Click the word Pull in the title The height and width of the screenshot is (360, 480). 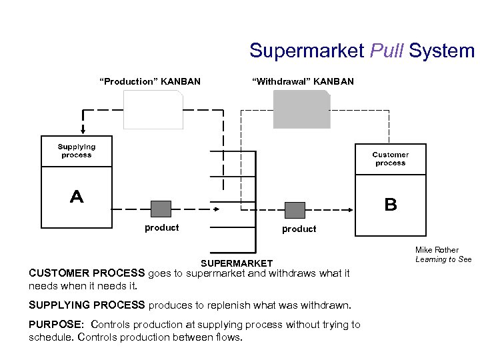tap(386, 51)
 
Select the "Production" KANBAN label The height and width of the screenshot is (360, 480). tap(149, 81)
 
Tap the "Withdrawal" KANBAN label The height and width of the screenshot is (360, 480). tap(303, 81)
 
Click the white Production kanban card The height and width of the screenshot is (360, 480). tap(153, 110)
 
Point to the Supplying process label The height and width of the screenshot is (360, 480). tap(77, 151)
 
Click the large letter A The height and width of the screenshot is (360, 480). tap(77, 197)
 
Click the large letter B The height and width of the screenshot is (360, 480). tap(391, 205)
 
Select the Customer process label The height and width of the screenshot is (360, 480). tap(390, 159)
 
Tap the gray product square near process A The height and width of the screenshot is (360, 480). tap(161, 209)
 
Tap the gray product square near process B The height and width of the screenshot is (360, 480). tap(295, 210)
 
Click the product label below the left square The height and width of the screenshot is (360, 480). tap(162, 228)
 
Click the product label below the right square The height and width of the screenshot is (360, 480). tap(299, 229)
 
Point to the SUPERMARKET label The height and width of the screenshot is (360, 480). tap(237, 263)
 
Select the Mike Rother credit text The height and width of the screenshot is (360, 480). tap(437, 250)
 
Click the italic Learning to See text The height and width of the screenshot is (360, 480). tap(443, 259)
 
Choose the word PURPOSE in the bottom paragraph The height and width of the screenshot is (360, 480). tap(56, 325)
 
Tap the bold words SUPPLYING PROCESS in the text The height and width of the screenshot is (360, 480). tap(87, 305)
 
